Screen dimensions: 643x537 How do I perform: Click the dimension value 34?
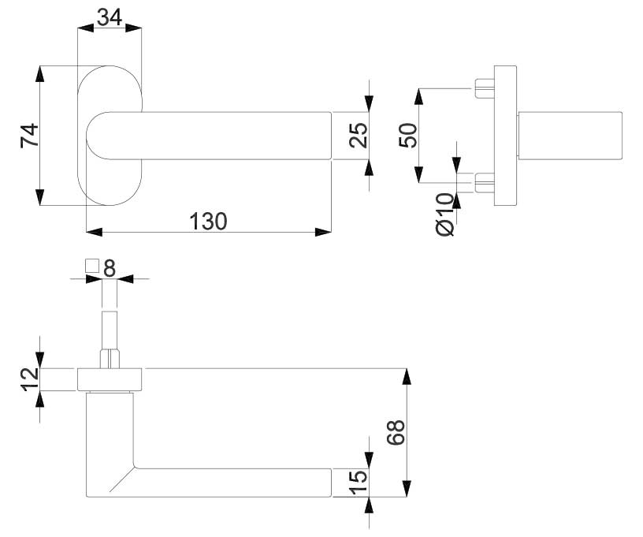pyautogui.click(x=110, y=17)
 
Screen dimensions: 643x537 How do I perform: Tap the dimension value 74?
pyautogui.click(x=29, y=135)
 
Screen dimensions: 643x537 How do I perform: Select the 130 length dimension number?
pyautogui.click(x=208, y=221)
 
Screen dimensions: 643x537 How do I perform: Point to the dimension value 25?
pyautogui.click(x=359, y=135)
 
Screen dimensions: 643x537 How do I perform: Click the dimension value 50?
pyautogui.click(x=408, y=135)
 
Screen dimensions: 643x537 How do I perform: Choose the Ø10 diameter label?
pyautogui.click(x=446, y=214)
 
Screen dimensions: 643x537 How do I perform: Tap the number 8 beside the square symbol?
pyautogui.click(x=110, y=268)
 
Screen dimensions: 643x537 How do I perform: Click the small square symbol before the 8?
pyautogui.click(x=92, y=267)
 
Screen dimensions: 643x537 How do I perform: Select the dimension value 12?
pyautogui.click(x=31, y=379)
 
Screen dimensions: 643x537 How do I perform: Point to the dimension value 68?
pyautogui.click(x=396, y=432)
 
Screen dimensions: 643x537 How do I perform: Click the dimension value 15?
pyautogui.click(x=358, y=483)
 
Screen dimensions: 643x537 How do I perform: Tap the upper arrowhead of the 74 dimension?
pyautogui.click(x=39, y=74)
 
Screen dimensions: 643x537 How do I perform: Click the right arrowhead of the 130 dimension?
pyautogui.click(x=323, y=232)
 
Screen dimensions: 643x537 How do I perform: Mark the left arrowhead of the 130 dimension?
pyautogui.click(x=95, y=232)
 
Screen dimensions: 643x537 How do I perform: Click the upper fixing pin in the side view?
pyautogui.click(x=485, y=88)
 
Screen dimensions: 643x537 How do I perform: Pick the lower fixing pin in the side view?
pyautogui.click(x=485, y=183)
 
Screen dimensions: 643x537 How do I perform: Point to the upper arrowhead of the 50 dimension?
pyautogui.click(x=418, y=96)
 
